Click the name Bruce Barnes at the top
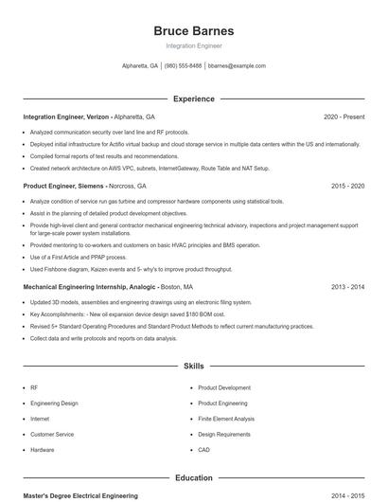193,30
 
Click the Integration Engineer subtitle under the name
193,45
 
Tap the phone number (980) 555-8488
183,66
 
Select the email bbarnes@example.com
237,66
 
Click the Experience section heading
193,99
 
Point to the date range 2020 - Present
344,117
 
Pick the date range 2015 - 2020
347,187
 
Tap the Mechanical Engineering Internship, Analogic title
90,286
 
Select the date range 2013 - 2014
347,286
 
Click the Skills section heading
193,365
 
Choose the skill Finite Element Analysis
226,419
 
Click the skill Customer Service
52,434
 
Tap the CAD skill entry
204,450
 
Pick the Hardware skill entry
43,450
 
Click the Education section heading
193,478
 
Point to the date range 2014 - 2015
347,495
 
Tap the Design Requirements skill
224,434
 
